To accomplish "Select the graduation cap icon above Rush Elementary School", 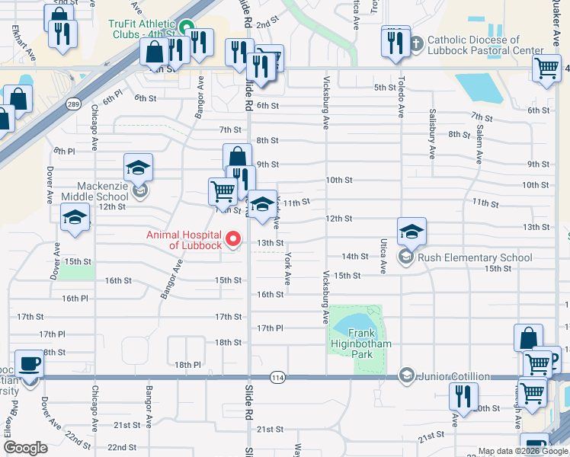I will pyautogui.click(x=411, y=231).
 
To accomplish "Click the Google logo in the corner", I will pyautogui.click(x=25, y=448).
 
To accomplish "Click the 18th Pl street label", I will pyautogui.click(x=187, y=366).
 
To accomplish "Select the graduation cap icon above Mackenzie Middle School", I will pyautogui.click(x=138, y=168).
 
